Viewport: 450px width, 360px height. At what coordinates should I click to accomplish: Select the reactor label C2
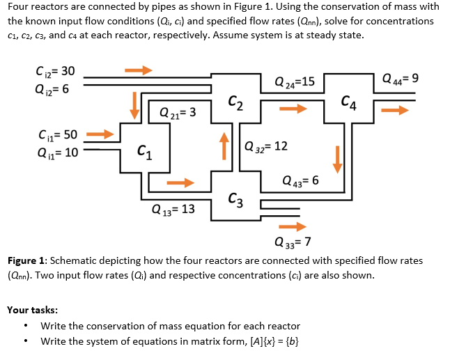(x=235, y=105)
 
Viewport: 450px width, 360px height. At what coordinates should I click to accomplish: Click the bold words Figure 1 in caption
(x=29, y=261)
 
